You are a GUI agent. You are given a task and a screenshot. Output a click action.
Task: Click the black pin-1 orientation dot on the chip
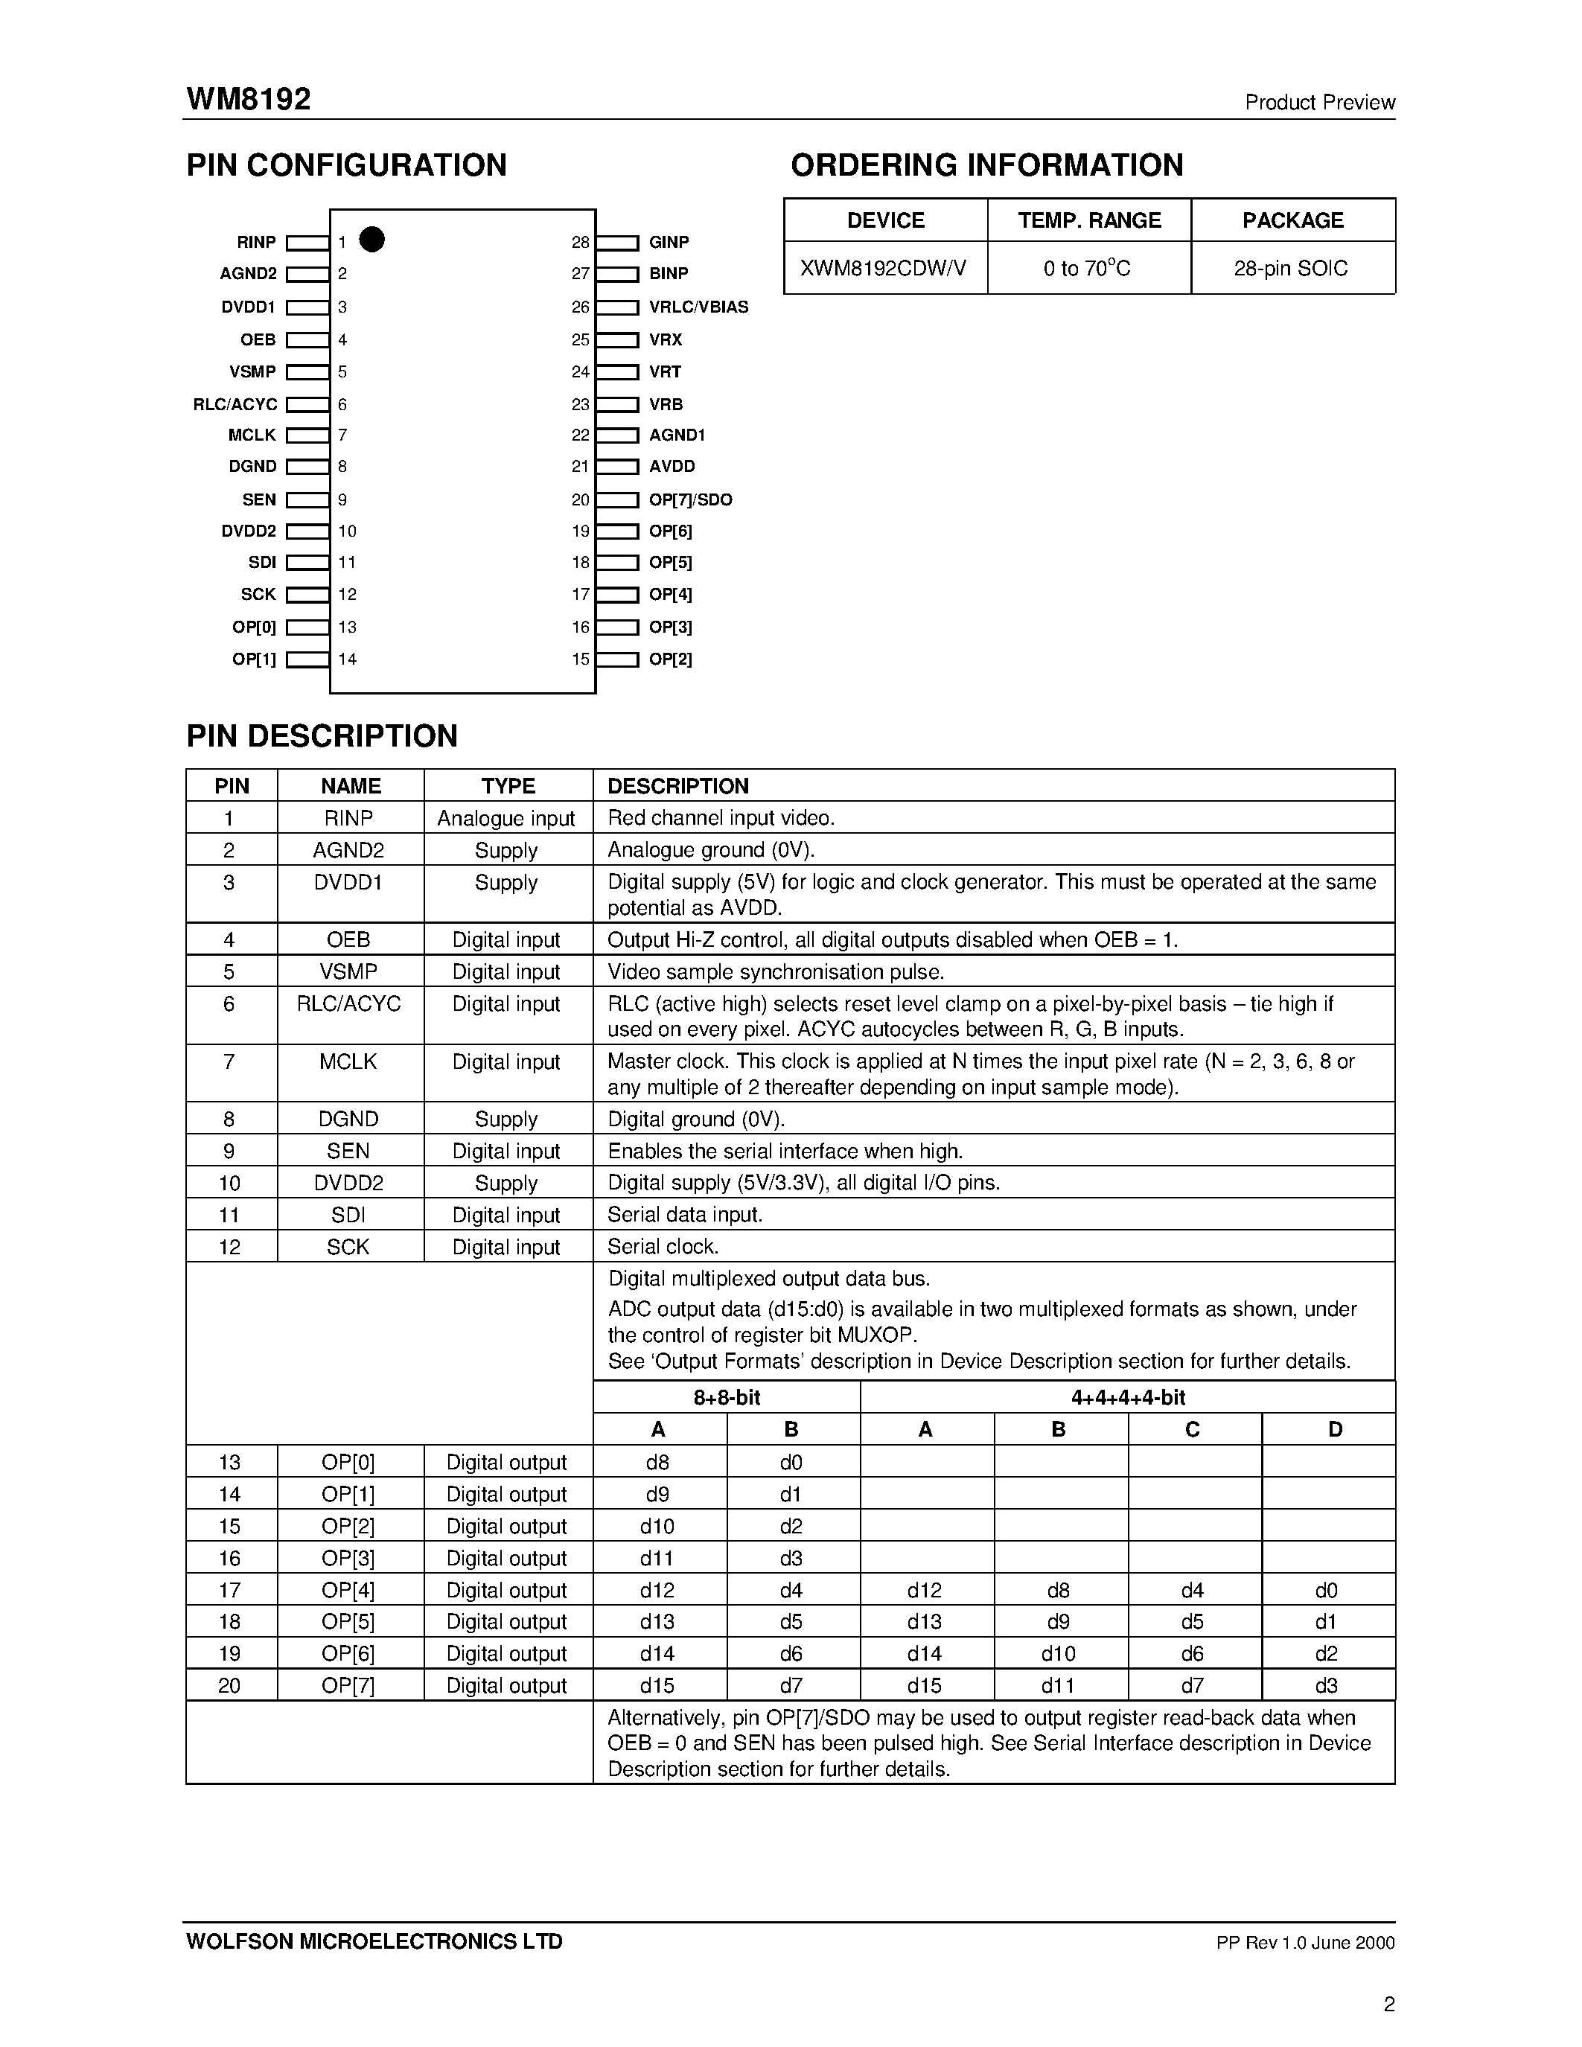pyautogui.click(x=372, y=240)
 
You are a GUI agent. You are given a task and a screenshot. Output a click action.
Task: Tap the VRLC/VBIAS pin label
pyautogui.click(x=698, y=307)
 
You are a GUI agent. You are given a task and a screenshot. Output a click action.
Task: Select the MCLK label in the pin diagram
pyautogui.click(x=252, y=435)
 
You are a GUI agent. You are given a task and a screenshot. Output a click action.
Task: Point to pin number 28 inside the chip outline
pyautogui.click(x=580, y=243)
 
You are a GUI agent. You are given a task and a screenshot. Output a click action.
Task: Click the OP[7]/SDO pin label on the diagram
pyautogui.click(x=690, y=499)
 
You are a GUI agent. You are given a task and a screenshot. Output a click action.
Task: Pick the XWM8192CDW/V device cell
pyautogui.click(x=884, y=268)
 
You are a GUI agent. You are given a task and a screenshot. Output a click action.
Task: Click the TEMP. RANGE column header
pyautogui.click(x=1089, y=220)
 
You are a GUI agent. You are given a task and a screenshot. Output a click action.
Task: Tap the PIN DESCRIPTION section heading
pyautogui.click(x=322, y=735)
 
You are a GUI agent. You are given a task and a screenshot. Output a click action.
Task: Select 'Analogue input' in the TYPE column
pyautogui.click(x=506, y=818)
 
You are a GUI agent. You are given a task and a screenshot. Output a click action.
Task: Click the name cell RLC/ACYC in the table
pyautogui.click(x=348, y=1004)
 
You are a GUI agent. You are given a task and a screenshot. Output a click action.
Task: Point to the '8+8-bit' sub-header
pyautogui.click(x=727, y=1397)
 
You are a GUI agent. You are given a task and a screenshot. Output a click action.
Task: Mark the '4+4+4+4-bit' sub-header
pyautogui.click(x=1127, y=1397)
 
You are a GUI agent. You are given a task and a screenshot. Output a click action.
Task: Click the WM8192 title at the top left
pyautogui.click(x=249, y=99)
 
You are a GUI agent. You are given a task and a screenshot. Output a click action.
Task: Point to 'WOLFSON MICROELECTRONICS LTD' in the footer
pyautogui.click(x=374, y=1941)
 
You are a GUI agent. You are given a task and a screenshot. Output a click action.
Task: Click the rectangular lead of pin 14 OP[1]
pyautogui.click(x=307, y=659)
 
